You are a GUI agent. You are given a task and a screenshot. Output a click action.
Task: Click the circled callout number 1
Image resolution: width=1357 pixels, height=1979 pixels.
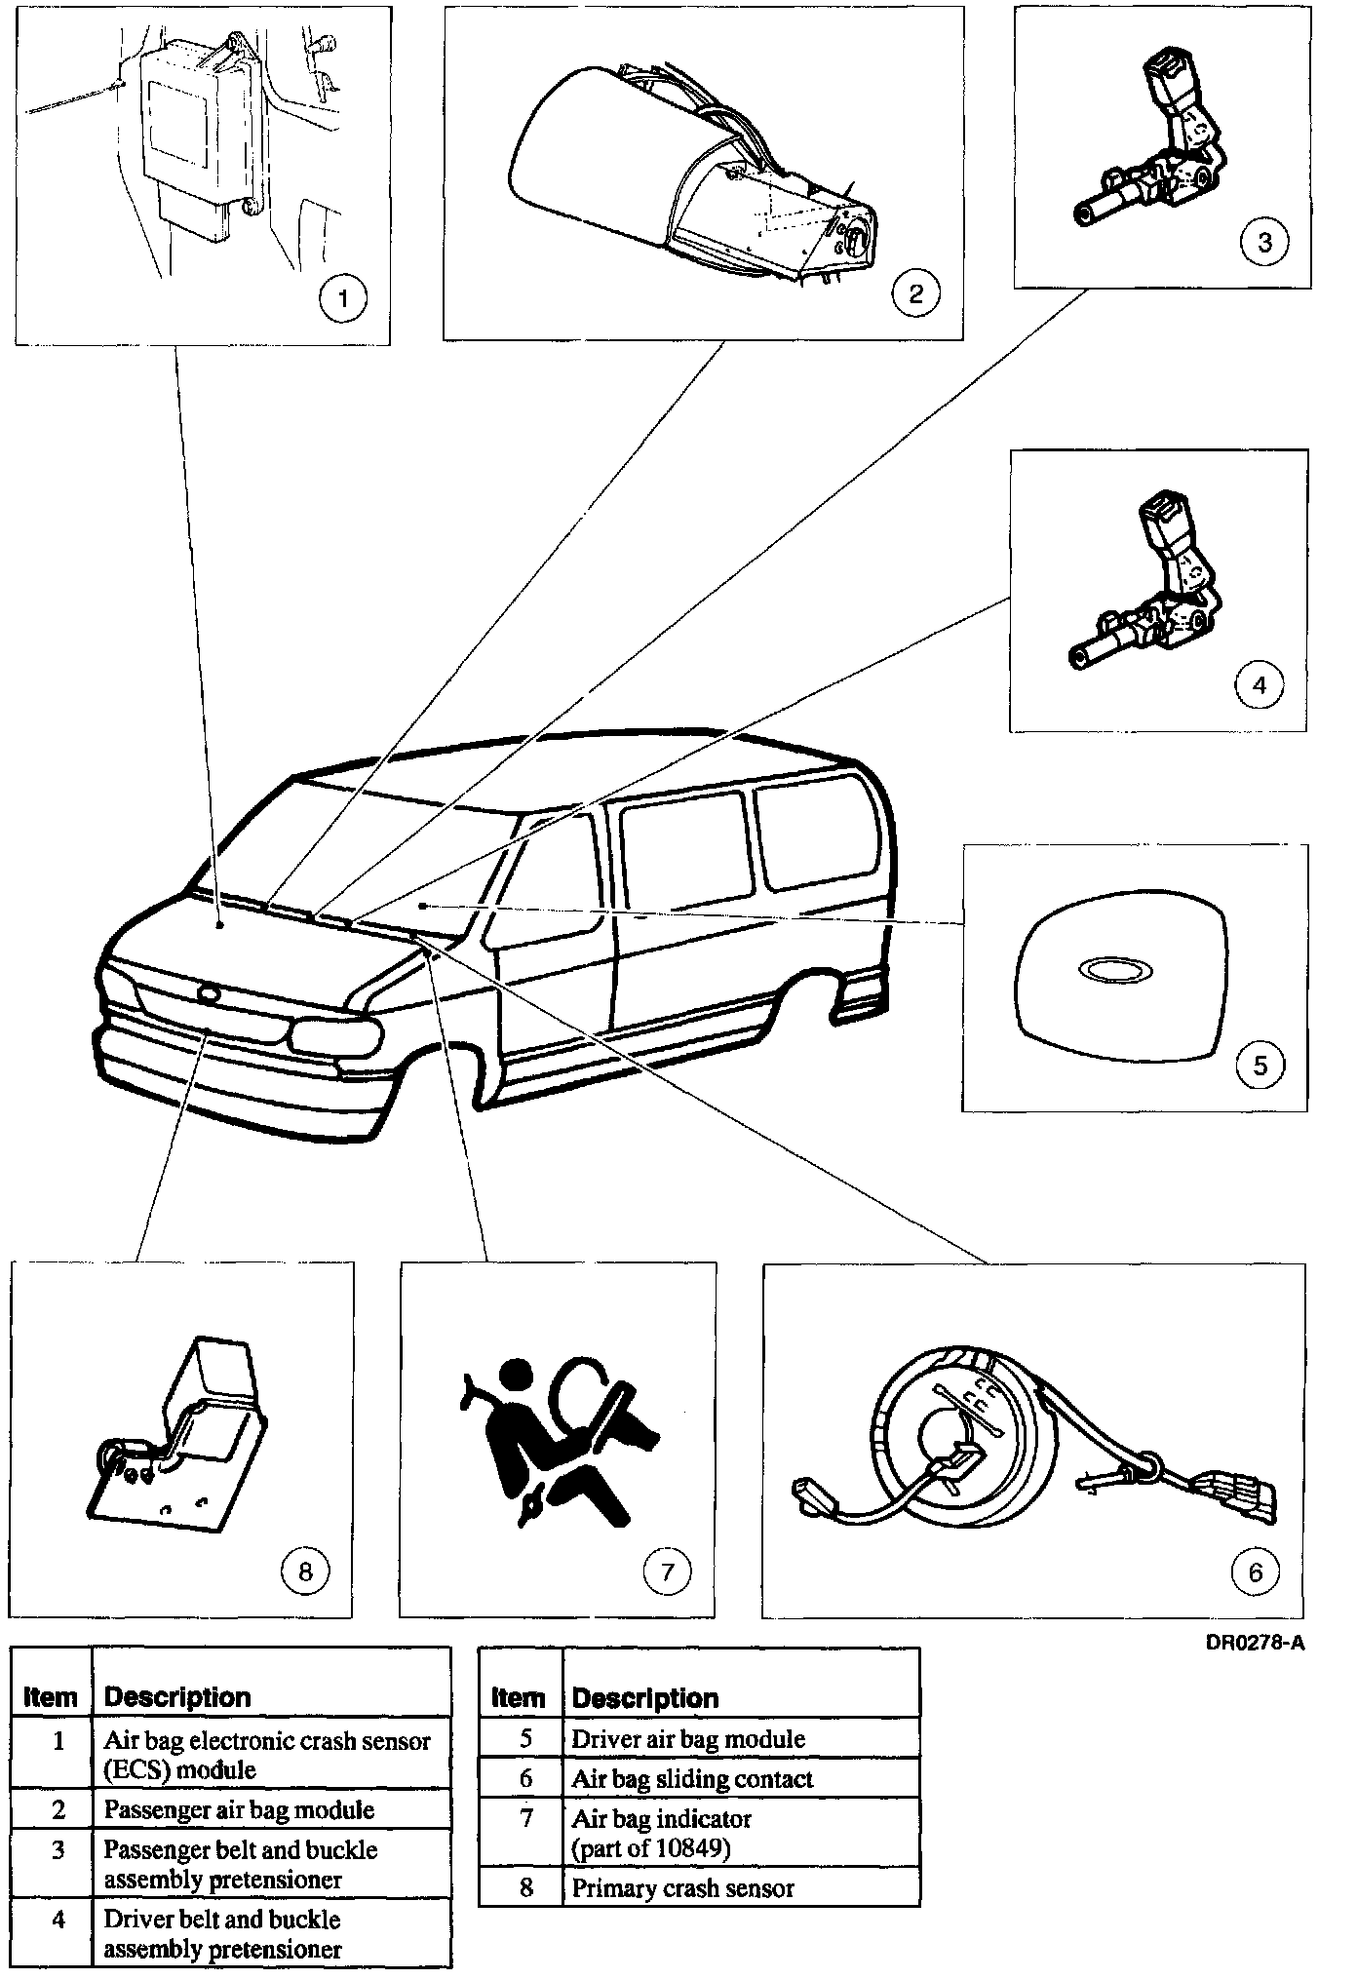(342, 297)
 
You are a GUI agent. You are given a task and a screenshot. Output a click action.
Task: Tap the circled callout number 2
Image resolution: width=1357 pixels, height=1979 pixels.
(915, 292)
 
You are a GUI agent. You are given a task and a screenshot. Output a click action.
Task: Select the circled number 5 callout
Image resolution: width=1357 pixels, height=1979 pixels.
(1260, 1065)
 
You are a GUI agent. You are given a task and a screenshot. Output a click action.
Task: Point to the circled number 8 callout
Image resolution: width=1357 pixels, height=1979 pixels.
(304, 1571)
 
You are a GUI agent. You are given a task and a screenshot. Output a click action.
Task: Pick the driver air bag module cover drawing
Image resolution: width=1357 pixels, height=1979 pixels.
(1120, 980)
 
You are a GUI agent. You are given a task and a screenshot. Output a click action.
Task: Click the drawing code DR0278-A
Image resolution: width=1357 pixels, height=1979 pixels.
(1255, 1643)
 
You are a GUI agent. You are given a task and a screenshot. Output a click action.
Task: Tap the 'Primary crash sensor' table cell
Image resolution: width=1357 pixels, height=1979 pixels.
(682, 1887)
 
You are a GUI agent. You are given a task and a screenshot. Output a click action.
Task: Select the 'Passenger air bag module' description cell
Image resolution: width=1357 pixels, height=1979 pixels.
(239, 1809)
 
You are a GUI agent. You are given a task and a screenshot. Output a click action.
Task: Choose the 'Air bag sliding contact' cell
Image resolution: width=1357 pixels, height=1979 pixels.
(692, 1779)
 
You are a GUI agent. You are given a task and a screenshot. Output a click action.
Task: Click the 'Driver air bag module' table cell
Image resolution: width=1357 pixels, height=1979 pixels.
(688, 1739)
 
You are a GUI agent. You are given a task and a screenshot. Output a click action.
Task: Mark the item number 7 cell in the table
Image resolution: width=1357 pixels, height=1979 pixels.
(526, 1819)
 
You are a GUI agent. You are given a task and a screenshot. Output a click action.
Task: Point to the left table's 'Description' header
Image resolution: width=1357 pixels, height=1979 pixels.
(177, 1697)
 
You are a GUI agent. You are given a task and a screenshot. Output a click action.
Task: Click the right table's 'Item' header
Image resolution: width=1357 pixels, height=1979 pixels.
(519, 1698)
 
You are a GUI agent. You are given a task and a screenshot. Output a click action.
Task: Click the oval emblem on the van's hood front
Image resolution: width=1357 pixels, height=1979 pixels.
(208, 994)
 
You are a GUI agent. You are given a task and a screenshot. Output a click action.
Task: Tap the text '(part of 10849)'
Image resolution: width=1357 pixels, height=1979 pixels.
(650, 1848)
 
